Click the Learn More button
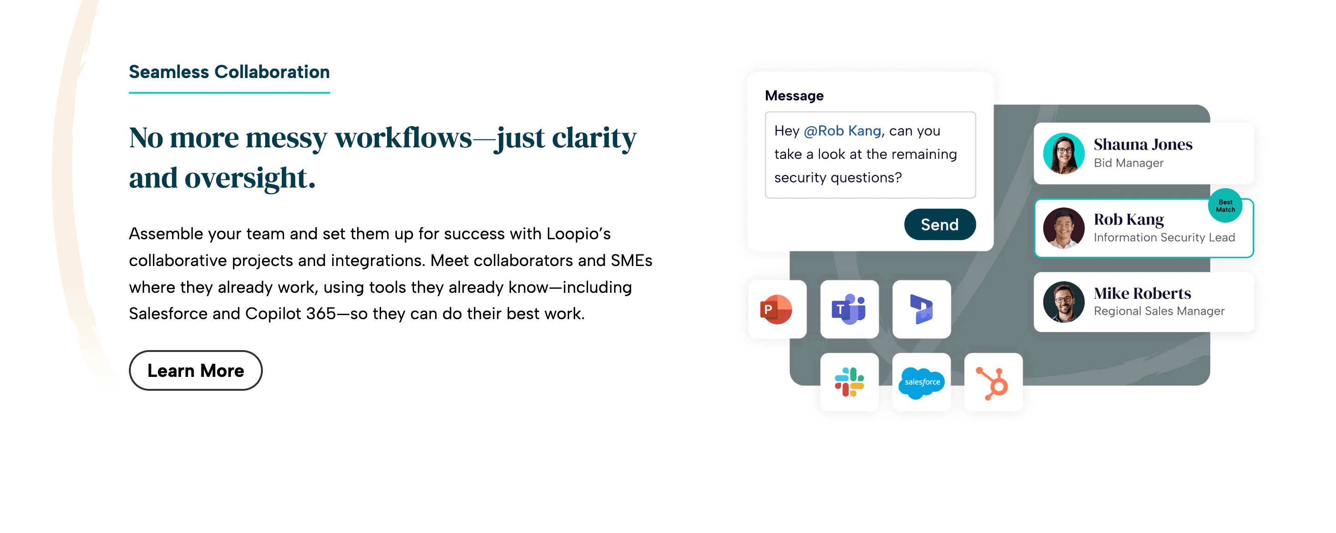pos(195,370)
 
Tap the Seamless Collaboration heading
pos(229,72)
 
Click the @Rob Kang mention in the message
pos(842,131)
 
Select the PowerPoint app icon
pos(777,309)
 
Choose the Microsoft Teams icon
pos(849,309)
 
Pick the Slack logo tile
pos(849,382)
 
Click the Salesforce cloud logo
pos(922,382)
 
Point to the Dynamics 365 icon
pos(922,309)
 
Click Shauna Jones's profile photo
pos(1063,153)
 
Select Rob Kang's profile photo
pos(1063,228)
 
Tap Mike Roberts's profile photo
pos(1063,302)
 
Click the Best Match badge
pos(1225,206)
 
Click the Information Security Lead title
pos(1164,237)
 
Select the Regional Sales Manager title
pos(1159,311)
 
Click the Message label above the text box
pos(794,96)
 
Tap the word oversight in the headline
pos(249,178)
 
